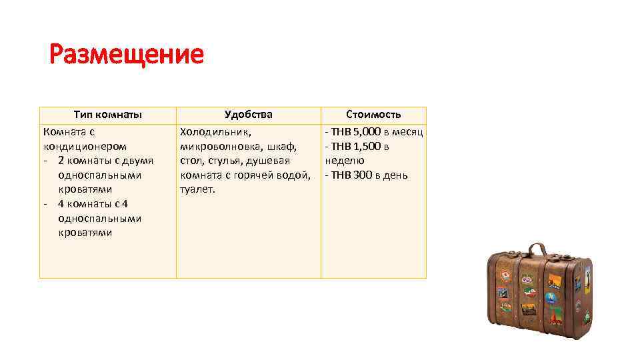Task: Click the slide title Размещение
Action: [127, 54]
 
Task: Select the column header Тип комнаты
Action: [107, 115]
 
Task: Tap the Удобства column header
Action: [248, 115]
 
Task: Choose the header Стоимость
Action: [373, 115]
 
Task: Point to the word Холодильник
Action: [215, 131]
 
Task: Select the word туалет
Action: [197, 190]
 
